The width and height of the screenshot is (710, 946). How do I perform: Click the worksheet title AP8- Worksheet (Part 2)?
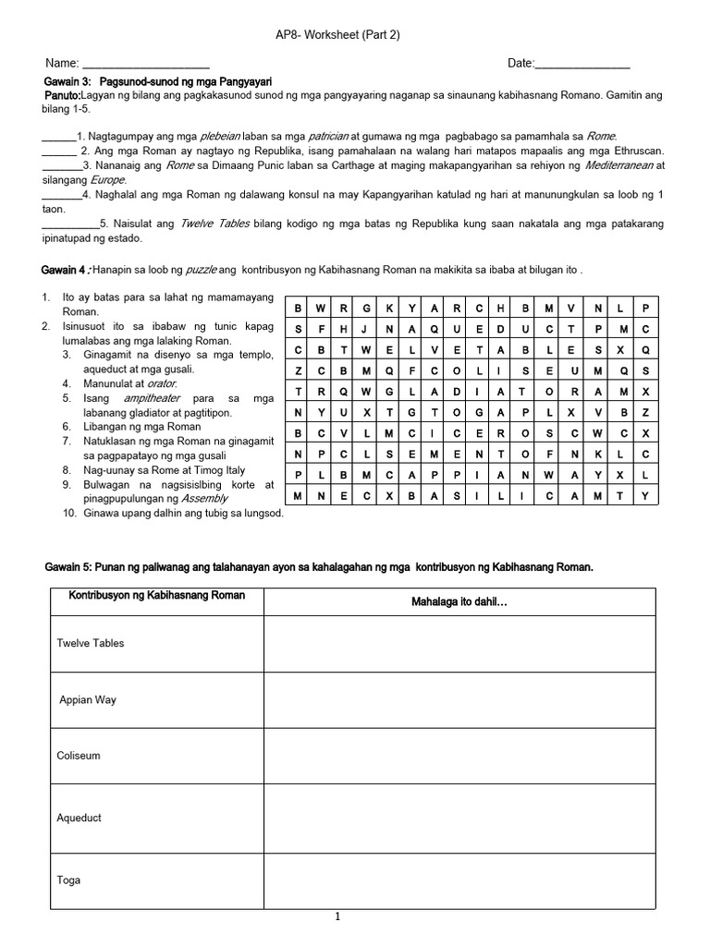[x=337, y=35]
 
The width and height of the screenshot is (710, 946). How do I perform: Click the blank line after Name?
[x=146, y=65]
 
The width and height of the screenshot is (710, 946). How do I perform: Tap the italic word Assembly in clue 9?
[x=204, y=498]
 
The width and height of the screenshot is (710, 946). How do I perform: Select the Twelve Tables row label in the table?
[x=91, y=643]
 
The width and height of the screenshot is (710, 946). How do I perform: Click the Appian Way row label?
[x=87, y=699]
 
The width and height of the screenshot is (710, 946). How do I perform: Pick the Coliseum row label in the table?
[x=79, y=756]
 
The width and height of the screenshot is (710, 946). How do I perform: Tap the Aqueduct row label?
[x=80, y=818]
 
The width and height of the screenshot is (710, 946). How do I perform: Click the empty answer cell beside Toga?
[x=459, y=880]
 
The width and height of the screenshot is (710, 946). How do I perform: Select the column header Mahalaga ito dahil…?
[x=459, y=602]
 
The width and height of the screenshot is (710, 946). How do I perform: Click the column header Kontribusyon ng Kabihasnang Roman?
[x=157, y=596]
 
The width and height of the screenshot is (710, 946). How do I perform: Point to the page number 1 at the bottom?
[x=338, y=916]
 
